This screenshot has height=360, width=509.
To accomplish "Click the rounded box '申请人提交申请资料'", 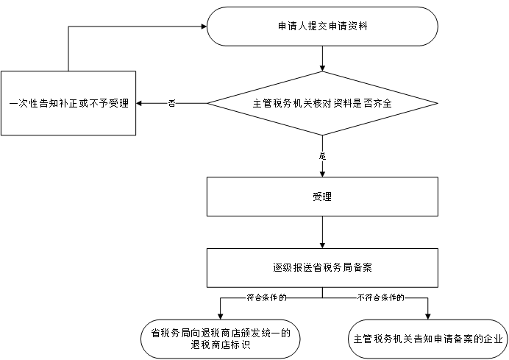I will pos(322,27).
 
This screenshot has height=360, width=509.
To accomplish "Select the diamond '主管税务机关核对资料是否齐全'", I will pos(322,103).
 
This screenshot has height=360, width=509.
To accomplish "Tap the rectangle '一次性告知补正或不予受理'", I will pos(68,103).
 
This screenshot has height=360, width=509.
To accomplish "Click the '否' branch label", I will pos(171,103).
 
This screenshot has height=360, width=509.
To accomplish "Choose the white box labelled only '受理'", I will pos(322,197).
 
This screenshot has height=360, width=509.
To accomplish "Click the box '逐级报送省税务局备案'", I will pos(322,267).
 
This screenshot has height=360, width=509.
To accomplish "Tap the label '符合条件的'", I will pos(266,298).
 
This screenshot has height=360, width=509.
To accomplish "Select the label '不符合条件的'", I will pos(381,298).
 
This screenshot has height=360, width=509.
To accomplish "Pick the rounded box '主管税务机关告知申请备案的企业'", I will pos(427,339).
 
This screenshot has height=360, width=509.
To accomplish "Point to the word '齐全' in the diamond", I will pos(382,103).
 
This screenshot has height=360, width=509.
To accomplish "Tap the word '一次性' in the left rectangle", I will pos(24,103).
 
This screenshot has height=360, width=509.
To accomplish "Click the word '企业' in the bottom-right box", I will pos(494,339).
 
